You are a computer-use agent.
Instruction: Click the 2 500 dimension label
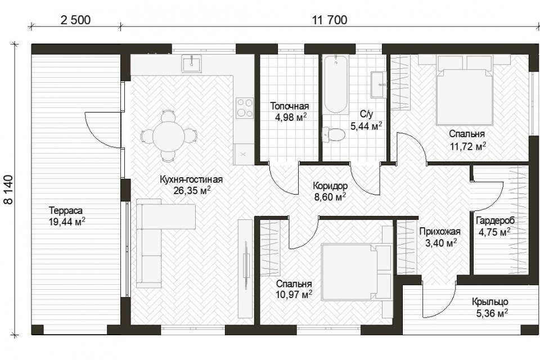(x=75, y=20)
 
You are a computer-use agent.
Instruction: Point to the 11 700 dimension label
(x=330, y=20)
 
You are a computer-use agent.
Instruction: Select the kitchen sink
(x=192, y=64)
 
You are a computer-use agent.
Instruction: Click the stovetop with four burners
(x=245, y=108)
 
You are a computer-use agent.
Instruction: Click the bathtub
(x=335, y=84)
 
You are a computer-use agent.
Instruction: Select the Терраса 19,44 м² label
(x=66, y=216)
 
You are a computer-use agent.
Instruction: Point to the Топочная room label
(x=289, y=106)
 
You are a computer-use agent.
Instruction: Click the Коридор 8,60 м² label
(x=330, y=191)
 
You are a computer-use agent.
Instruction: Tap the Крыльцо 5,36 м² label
(x=490, y=307)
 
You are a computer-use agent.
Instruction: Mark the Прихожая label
(x=439, y=232)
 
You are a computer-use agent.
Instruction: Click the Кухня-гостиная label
(x=191, y=179)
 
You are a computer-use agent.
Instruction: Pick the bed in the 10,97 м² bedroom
(x=357, y=272)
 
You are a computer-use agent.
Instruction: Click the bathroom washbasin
(x=379, y=84)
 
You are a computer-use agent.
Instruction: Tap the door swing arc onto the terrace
(x=93, y=130)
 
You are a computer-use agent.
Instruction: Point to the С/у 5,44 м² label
(x=366, y=120)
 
